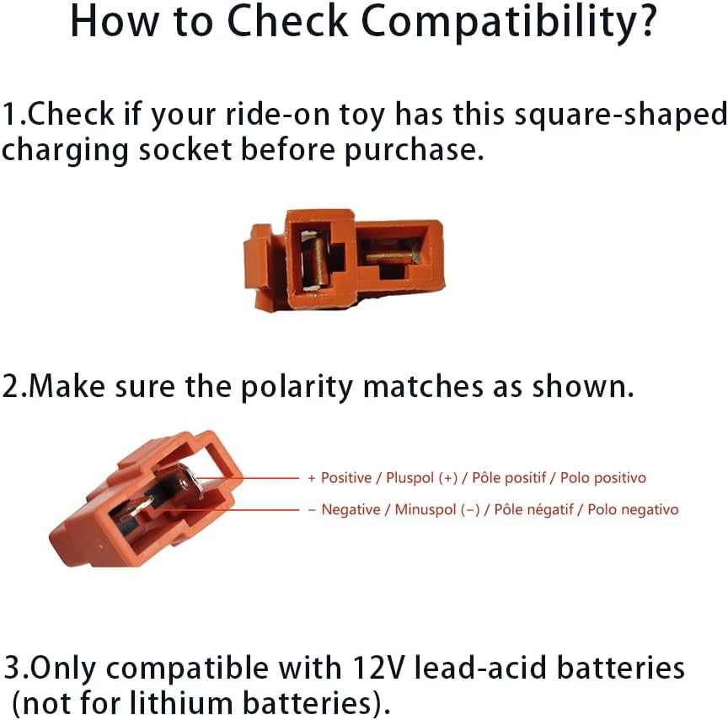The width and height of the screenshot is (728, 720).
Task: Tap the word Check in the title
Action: pyautogui.click(x=288, y=21)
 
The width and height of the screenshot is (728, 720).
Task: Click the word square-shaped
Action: pyautogui.click(x=621, y=116)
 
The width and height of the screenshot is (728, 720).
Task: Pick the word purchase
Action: pyautogui.click(x=413, y=152)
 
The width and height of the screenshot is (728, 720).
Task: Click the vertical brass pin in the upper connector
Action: pyautogui.click(x=316, y=261)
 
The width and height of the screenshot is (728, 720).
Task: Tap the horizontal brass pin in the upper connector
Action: pyautogui.click(x=389, y=256)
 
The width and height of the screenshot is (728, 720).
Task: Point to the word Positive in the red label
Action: pyautogui.click(x=346, y=478)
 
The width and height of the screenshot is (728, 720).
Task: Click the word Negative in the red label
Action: pyautogui.click(x=351, y=509)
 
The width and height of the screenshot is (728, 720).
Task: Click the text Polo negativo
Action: pyautogui.click(x=633, y=510)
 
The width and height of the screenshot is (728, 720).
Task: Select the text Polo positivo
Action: pyautogui.click(x=603, y=478)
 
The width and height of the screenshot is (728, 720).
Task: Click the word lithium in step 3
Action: pyautogui.click(x=181, y=702)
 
